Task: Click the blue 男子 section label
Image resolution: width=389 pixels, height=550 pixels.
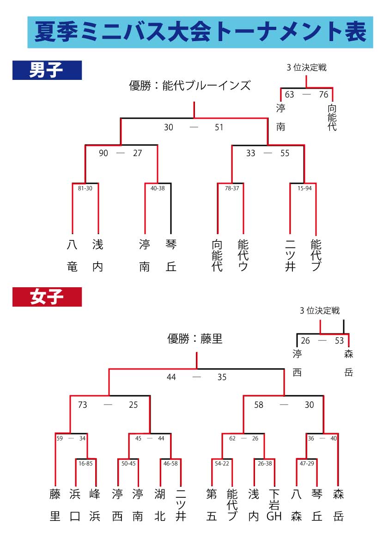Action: [x=47, y=70]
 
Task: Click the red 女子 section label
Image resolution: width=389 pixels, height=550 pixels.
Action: [x=47, y=297]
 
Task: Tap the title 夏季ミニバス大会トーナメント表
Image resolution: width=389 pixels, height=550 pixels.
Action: [x=200, y=32]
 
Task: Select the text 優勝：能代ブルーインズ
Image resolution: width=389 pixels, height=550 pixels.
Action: [x=190, y=86]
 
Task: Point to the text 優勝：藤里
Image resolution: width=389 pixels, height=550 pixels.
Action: [x=195, y=339]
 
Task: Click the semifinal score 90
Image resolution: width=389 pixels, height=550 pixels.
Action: [x=103, y=153]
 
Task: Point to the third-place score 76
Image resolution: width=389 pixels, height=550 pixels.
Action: [x=323, y=95]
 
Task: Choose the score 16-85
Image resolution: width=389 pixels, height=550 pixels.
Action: [x=85, y=463]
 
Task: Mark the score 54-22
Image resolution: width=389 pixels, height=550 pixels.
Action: [x=221, y=463]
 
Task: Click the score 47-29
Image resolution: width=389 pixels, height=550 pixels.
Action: [x=306, y=463]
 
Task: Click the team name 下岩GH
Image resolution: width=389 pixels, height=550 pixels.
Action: [x=274, y=505]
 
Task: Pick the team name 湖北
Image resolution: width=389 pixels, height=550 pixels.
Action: [x=159, y=505]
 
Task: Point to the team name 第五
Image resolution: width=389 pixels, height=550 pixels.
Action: [x=212, y=505]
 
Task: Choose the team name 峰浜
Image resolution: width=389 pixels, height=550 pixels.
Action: [x=95, y=505]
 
